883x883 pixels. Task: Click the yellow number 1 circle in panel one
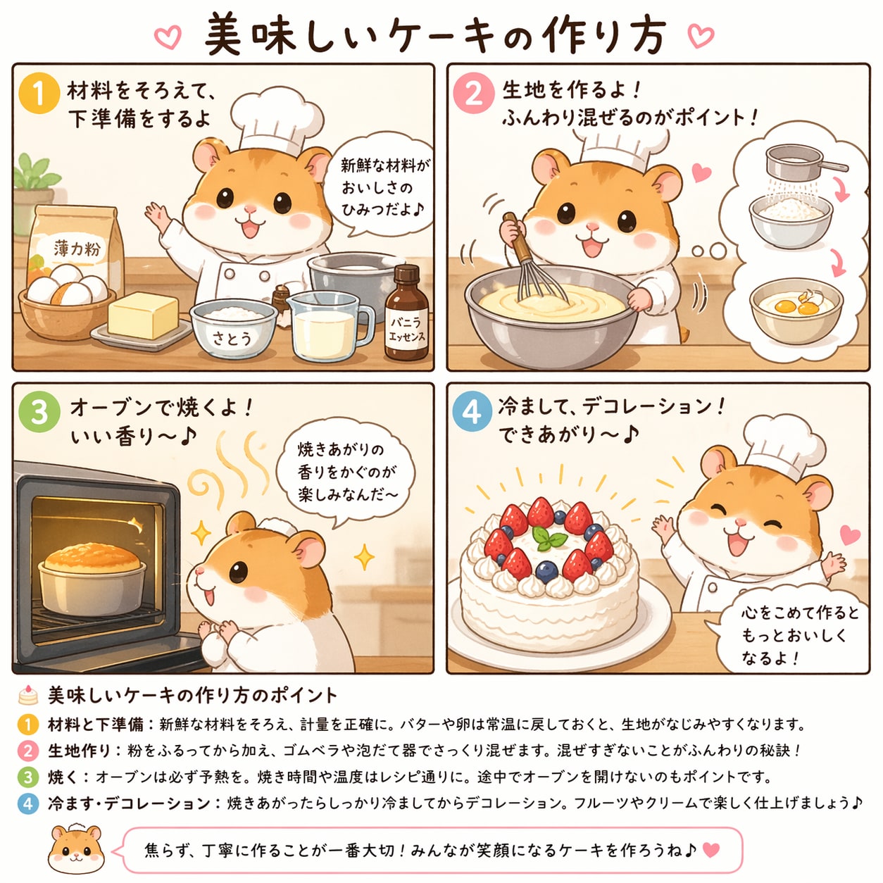(39, 93)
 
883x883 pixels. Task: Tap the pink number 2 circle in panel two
(474, 93)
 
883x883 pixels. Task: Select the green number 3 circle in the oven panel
(39, 411)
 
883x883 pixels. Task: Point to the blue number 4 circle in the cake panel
(472, 411)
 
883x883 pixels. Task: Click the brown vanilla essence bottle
(406, 313)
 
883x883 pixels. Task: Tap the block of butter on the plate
(143, 315)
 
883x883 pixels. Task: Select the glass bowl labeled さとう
(233, 328)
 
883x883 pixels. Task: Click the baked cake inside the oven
(92, 560)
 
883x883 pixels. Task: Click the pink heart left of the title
(168, 37)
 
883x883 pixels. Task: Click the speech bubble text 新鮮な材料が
(385, 165)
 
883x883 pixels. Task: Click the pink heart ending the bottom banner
(710, 850)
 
